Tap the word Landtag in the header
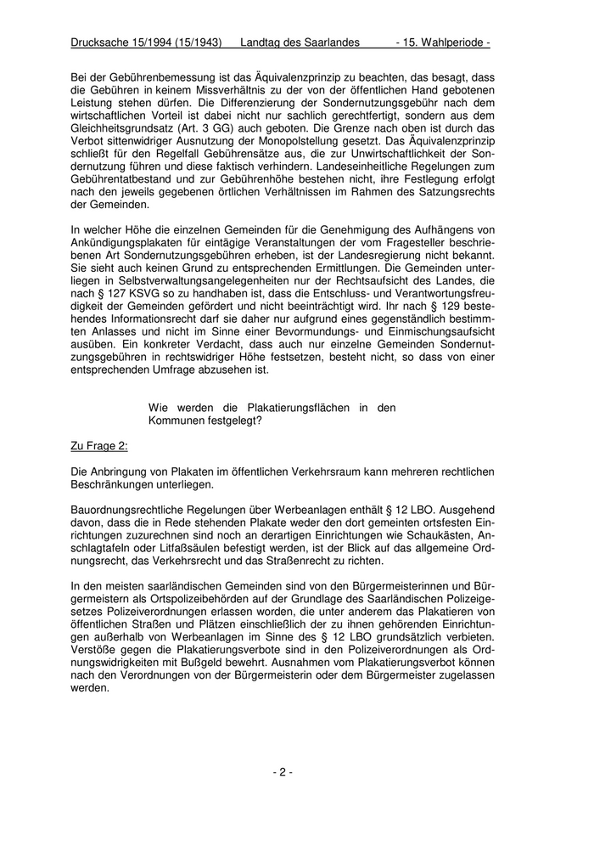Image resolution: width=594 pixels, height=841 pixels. (x=262, y=42)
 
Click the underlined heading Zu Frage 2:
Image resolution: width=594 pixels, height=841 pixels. (x=99, y=445)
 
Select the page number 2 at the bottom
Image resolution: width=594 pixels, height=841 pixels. (x=283, y=772)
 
